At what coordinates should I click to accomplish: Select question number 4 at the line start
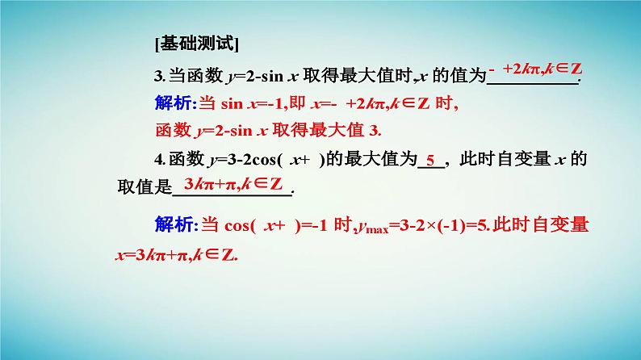[x=158, y=159]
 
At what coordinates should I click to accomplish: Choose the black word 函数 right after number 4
[x=181, y=159]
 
